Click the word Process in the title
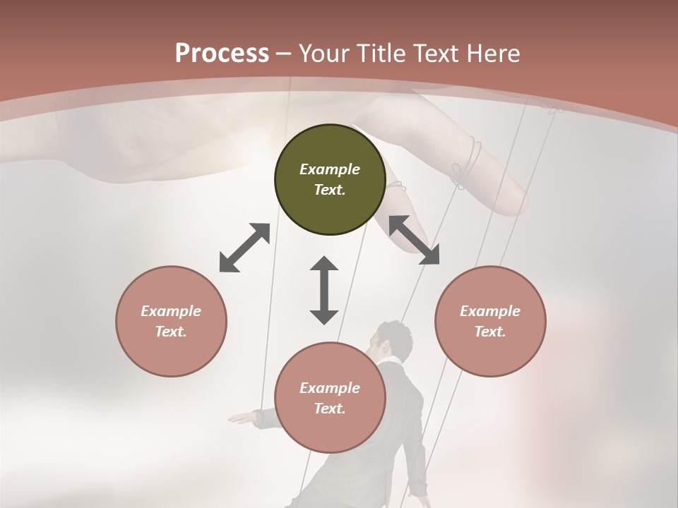[x=222, y=54]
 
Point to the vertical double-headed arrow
[x=324, y=290]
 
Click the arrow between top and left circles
[x=244, y=248]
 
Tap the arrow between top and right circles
[x=415, y=240]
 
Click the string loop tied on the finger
[x=468, y=164]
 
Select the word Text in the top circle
[x=329, y=190]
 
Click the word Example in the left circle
[x=171, y=311]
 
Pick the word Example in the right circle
[x=490, y=311]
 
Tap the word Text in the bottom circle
[x=329, y=409]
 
